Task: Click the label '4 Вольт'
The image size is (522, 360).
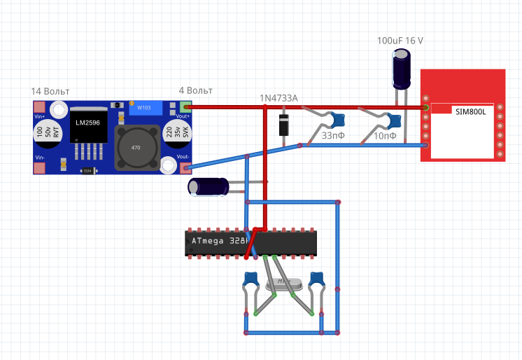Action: [196, 91]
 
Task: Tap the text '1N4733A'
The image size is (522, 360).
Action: [278, 98]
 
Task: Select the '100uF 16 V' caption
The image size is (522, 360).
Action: [400, 41]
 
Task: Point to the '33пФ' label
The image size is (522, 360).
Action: [333, 136]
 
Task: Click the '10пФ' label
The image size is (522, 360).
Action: [384, 136]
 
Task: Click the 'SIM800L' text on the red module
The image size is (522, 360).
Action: [470, 111]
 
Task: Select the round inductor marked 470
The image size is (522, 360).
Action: [136, 148]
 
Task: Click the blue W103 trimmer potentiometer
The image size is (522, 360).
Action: [145, 108]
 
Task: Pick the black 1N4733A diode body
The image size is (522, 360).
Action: [284, 125]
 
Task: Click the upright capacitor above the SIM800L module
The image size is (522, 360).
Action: [401, 71]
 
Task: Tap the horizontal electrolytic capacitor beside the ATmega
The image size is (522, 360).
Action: [208, 187]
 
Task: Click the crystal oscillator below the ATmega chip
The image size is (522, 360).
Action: [283, 284]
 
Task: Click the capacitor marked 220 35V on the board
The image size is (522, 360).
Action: [172, 134]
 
